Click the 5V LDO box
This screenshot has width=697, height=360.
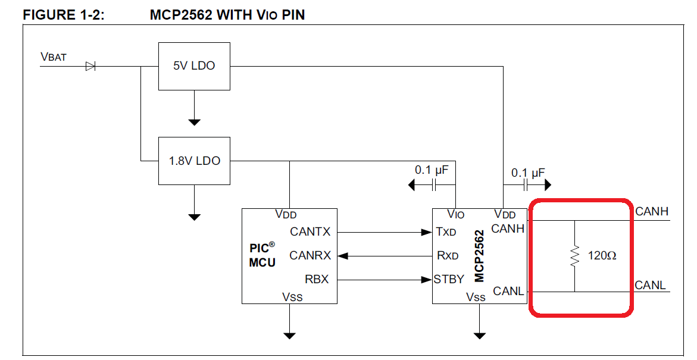(194, 66)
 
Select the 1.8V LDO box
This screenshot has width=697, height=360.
(194, 161)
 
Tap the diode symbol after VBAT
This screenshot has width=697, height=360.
(90, 66)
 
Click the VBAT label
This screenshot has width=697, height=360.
(54, 57)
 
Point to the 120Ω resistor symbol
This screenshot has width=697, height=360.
(574, 256)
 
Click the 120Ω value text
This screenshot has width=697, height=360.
(602, 256)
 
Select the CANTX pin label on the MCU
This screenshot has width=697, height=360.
(310, 231)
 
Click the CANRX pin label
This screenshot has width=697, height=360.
(310, 256)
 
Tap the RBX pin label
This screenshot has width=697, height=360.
(316, 279)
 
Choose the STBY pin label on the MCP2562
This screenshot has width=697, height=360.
(449, 279)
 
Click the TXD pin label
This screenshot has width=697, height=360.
(446, 231)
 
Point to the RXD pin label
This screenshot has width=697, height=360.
(448, 256)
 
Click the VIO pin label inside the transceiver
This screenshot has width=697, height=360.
(455, 214)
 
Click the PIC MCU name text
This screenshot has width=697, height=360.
(262, 255)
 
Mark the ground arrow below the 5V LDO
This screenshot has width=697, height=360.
(194, 121)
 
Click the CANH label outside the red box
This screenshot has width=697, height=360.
(652, 211)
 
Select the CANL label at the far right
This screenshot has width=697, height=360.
(651, 285)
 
